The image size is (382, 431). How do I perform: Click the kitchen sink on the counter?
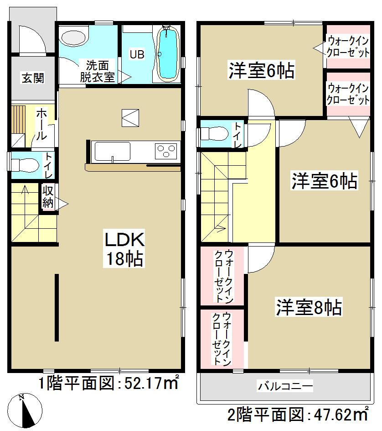pyautogui.click(x=112, y=151)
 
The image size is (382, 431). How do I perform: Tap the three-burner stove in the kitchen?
pyautogui.click(x=166, y=151)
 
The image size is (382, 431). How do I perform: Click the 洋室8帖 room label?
pyautogui.click(x=308, y=308)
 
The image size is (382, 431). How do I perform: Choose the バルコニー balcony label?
pyautogui.click(x=285, y=387)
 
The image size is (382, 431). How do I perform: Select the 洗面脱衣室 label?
pyautogui.click(x=97, y=71)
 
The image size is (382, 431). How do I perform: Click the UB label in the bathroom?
pyautogui.click(x=137, y=54)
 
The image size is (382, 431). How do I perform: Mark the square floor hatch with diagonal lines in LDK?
pyautogui.click(x=130, y=117)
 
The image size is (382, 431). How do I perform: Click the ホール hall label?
pyautogui.click(x=40, y=124)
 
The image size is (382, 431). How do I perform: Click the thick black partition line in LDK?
pyautogui.click(x=57, y=307)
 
